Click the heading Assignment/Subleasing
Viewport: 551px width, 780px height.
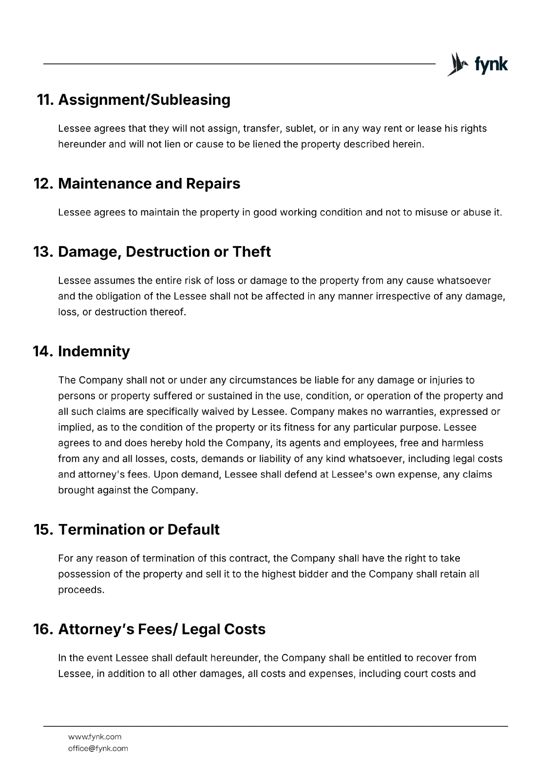coord(144,99)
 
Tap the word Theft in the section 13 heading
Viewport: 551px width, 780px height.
coord(251,252)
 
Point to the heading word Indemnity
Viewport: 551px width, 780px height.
coord(94,351)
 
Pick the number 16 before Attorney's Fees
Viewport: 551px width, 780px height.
coord(42,629)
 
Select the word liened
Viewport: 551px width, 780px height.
coord(266,144)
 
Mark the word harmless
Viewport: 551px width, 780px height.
coord(462,443)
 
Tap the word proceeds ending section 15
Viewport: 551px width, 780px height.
coord(81,590)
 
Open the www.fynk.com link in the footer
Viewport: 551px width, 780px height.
coord(95,737)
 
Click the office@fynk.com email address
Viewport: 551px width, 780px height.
coord(98,748)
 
